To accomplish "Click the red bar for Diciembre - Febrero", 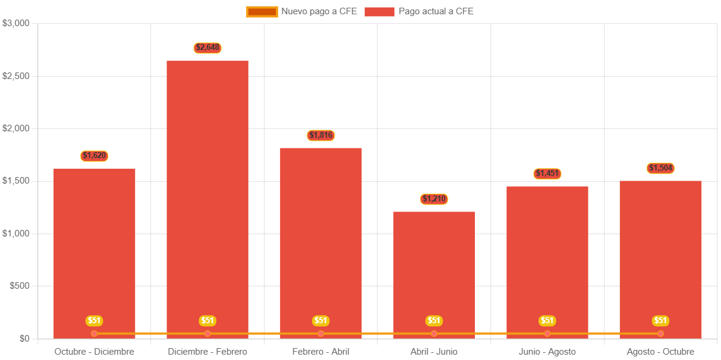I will click(207, 196).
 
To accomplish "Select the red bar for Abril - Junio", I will click(434, 267).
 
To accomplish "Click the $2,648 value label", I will click(207, 48).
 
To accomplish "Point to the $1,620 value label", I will click(95, 156).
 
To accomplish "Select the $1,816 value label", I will click(321, 135).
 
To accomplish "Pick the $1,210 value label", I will click(434, 199).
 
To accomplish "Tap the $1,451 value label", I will click(547, 173).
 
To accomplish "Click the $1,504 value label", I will click(660, 168).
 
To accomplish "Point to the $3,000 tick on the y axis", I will click(16, 23).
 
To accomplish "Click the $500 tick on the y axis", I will click(20, 286).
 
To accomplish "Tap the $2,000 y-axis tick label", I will click(16, 128).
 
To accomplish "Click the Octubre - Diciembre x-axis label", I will click(95, 352).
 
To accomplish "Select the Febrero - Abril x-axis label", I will click(321, 352).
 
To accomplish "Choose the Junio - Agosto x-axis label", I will click(547, 352).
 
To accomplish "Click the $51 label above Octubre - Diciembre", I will click(95, 321).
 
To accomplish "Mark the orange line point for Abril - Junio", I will click(434, 333).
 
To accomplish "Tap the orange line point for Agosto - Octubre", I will click(660, 333).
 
